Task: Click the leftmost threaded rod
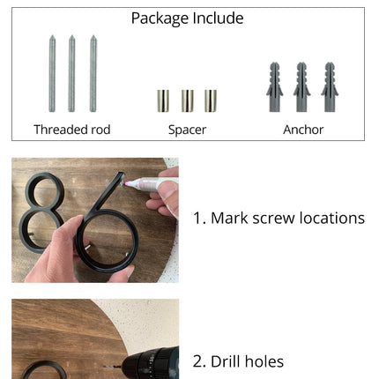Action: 52,74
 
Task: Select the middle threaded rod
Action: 71,74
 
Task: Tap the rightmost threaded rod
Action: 93,74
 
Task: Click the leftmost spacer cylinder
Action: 163,100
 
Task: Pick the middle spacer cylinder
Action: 187,100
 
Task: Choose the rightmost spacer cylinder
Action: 211,100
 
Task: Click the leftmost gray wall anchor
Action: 275,87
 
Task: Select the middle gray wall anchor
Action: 301,87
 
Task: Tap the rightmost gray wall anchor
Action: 330,87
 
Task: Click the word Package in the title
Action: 160,19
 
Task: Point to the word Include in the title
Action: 219,19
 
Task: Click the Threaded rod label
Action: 72,130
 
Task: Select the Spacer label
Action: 187,130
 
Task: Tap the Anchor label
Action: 303,130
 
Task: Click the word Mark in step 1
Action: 229,218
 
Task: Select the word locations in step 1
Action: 332,218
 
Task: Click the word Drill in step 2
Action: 226,361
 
